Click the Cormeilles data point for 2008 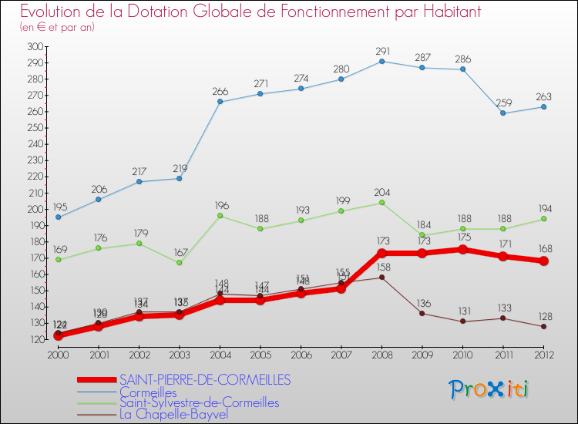381,61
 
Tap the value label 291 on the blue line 382,52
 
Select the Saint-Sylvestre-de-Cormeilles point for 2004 220,215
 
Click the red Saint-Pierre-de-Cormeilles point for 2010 462,249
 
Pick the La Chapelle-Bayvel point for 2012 543,326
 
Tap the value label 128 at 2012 543,316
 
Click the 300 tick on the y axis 33,46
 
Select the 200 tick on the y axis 33,209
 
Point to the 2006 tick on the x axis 301,354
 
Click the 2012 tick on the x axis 543,354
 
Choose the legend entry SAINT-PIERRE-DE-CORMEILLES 205,379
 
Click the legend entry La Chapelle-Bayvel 173,414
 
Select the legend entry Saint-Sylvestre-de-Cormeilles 199,402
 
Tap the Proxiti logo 489,389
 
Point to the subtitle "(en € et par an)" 57,27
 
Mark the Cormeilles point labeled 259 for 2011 502,113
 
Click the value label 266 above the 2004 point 220,92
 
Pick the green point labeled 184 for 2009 422,235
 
